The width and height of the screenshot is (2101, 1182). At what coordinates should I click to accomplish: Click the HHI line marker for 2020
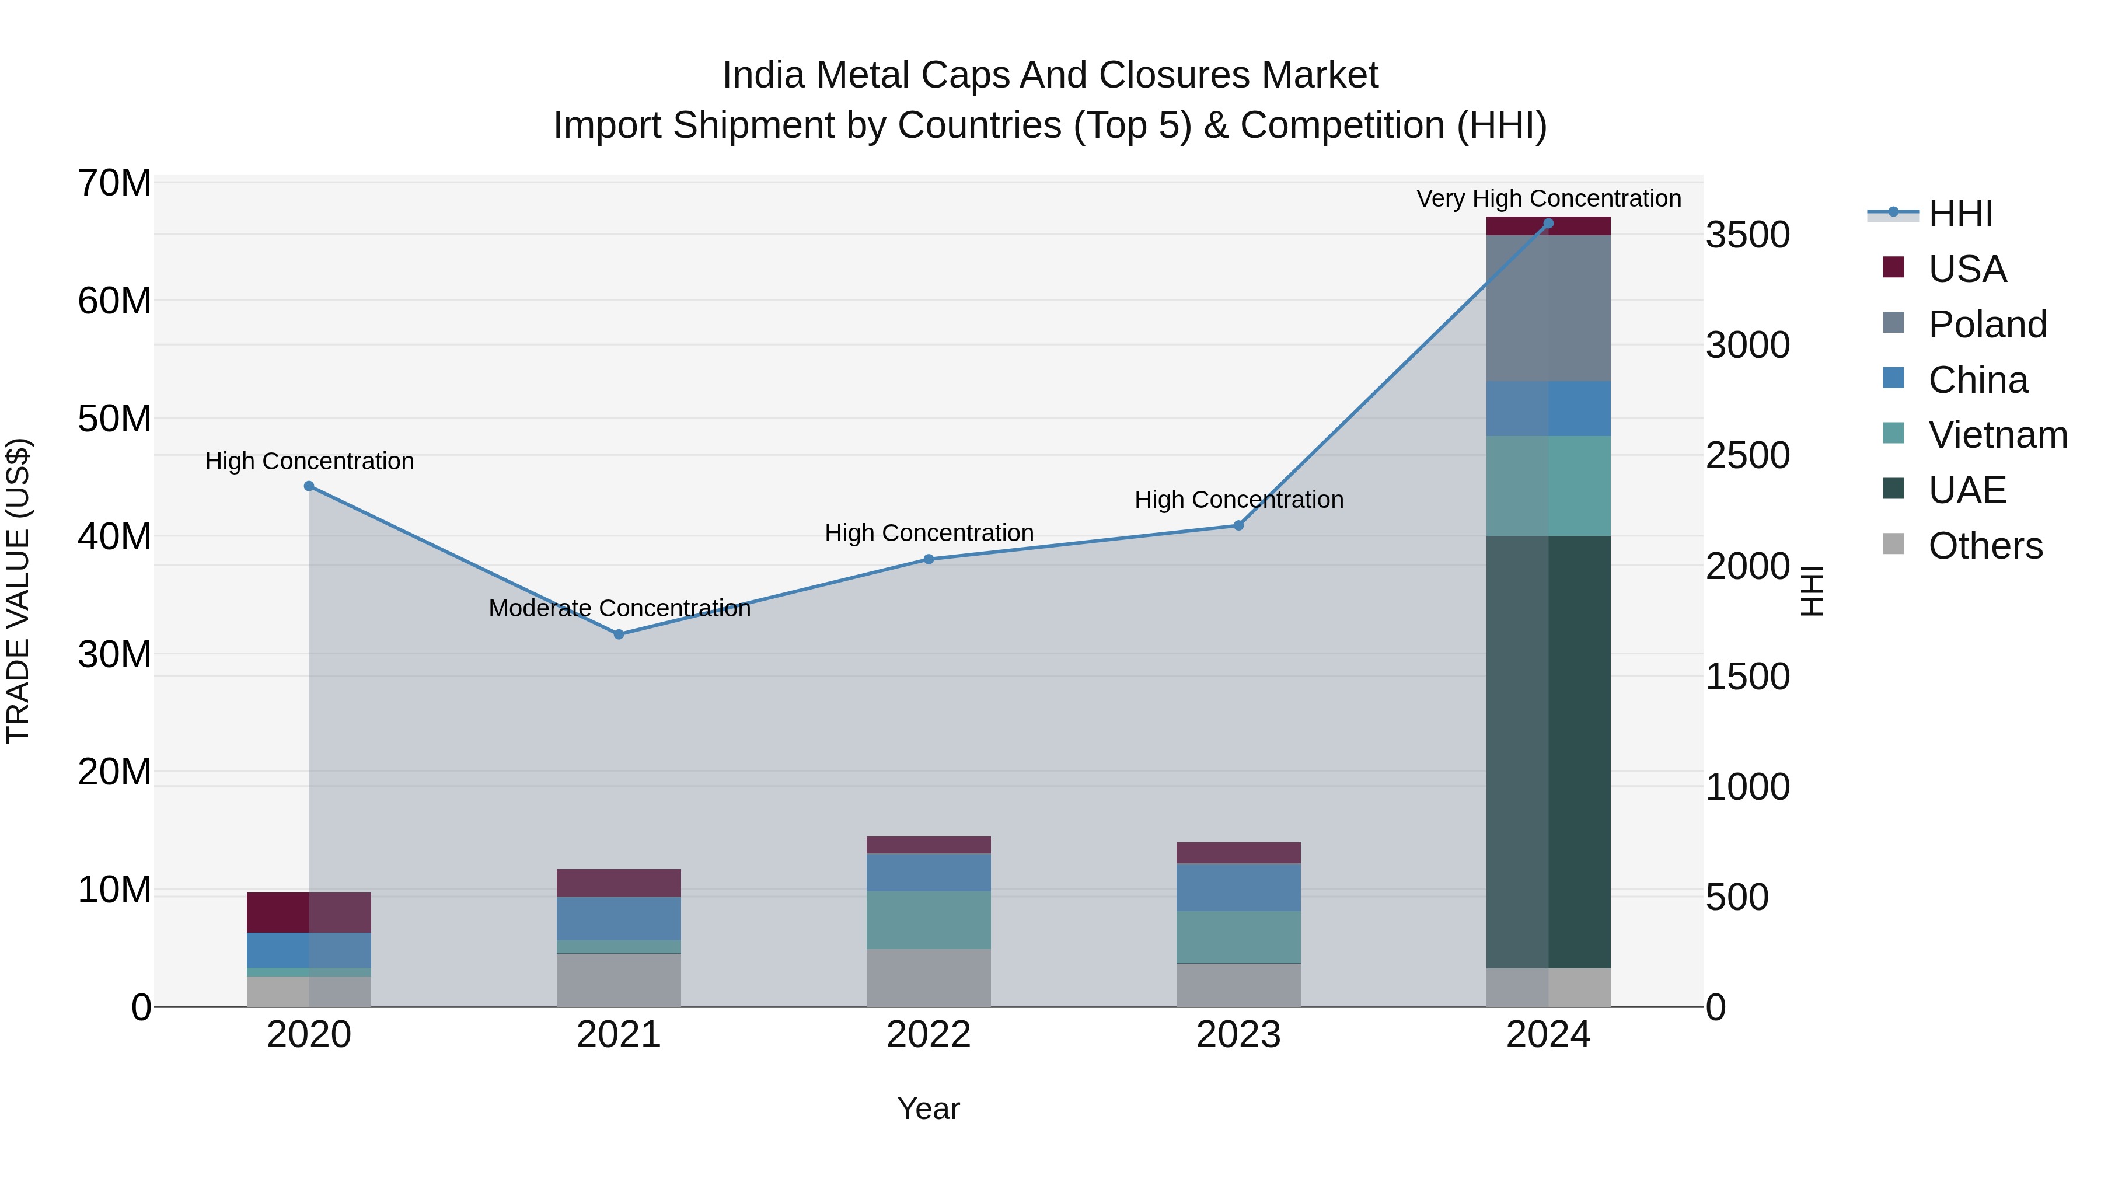[309, 486]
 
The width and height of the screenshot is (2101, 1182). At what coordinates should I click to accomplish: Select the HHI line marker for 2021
[619, 634]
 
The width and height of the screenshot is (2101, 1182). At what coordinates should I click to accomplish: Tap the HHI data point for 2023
[1238, 525]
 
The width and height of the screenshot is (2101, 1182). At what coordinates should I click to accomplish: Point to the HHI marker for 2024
[1548, 224]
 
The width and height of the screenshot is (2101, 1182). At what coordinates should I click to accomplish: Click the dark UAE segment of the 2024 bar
[1548, 751]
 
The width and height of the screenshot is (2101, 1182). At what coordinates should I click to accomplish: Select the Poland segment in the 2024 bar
[1548, 308]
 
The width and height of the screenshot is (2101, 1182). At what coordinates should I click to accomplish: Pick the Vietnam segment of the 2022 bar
[928, 919]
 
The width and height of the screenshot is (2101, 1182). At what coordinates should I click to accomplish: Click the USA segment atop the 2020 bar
[309, 912]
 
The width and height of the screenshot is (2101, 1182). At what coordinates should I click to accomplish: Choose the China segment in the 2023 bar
[1238, 887]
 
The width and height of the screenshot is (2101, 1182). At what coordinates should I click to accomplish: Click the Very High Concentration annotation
[1548, 198]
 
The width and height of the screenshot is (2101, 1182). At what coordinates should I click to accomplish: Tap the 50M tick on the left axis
[114, 419]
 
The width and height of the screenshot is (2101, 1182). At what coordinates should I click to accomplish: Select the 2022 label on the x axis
[928, 1035]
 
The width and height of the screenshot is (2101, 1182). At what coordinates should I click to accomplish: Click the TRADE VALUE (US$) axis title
[19, 591]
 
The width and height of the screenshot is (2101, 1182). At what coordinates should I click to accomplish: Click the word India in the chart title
[763, 75]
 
